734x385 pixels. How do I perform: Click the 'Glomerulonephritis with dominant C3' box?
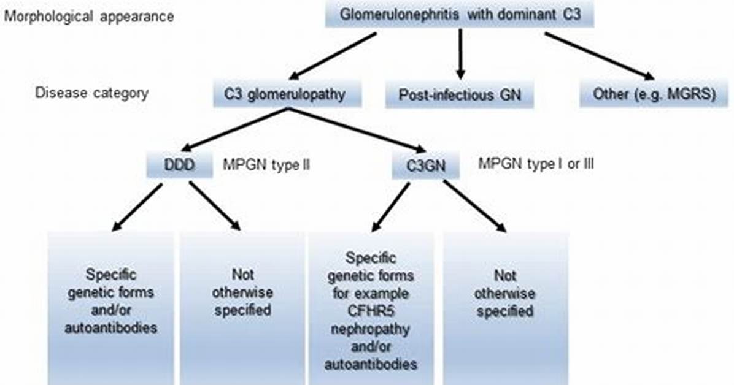coord(460,15)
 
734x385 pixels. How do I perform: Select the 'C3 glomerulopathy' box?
coord(287,94)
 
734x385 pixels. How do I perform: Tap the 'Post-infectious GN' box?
coord(460,95)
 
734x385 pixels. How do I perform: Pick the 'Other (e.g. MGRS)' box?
coord(654,94)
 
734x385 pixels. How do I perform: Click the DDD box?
coord(180,165)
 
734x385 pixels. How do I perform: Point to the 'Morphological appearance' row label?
coord(89,17)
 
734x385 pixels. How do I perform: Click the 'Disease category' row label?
coord(92,93)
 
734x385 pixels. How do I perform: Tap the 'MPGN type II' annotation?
coord(266,165)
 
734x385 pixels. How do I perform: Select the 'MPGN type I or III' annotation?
coord(536,164)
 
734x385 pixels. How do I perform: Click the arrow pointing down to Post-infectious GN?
coord(461,54)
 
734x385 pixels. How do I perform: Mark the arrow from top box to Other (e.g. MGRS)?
coord(600,57)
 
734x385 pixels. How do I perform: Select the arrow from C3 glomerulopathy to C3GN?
coord(357,131)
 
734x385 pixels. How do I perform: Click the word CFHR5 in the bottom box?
coord(370,311)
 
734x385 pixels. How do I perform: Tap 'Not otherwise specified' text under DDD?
coord(242,292)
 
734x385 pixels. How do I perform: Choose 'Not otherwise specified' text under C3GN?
coord(504,293)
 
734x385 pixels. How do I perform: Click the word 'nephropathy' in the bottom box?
coord(370,329)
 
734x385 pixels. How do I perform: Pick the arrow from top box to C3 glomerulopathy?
coord(333,55)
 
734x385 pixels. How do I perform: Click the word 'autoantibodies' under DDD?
coord(110,327)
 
